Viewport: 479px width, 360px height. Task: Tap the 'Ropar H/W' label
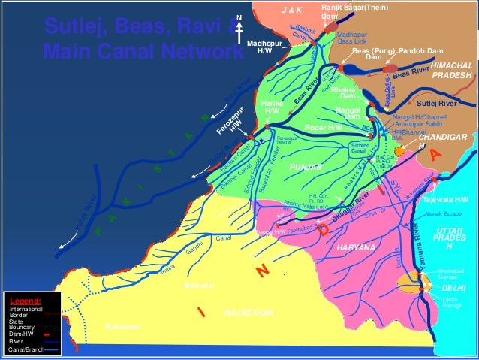pyautogui.click(x=324, y=128)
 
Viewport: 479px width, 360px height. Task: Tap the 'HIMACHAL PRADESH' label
pyautogui.click(x=452, y=71)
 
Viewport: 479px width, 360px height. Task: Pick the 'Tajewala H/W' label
pyautogui.click(x=446, y=200)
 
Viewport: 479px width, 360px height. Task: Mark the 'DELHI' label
pyautogui.click(x=453, y=287)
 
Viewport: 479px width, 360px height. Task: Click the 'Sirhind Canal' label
pyautogui.click(x=360, y=148)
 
